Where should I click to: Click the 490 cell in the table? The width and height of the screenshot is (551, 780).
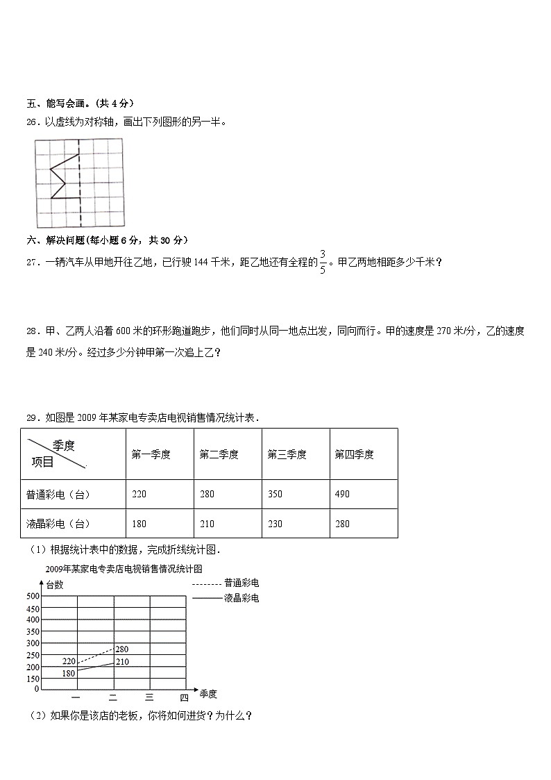pos(342,495)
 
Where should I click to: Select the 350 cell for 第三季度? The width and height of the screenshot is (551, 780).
pos(275,495)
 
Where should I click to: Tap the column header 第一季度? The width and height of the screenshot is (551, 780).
pos(151,455)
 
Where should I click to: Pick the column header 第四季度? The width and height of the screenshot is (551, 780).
pos(354,455)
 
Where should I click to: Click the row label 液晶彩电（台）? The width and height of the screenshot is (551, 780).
pos(58,524)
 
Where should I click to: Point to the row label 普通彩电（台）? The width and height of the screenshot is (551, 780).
pos(58,495)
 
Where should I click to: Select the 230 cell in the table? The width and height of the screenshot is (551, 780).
pos(275,524)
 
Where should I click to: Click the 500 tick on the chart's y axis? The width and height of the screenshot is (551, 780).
pos(32,596)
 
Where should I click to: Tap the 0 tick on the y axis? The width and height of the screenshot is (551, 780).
pos(36,689)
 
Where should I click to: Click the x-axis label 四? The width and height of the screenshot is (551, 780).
pos(184,697)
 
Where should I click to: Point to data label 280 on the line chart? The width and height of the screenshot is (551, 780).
pos(121,649)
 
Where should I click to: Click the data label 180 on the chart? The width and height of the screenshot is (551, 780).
pos(68,674)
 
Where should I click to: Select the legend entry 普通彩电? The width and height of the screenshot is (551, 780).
pos(241,583)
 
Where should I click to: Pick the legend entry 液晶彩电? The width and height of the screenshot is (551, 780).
pos(241,597)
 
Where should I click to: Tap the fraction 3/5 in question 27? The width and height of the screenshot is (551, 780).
pos(323,262)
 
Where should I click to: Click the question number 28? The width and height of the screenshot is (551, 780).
pos(32,331)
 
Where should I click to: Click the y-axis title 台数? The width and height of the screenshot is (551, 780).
pos(54,585)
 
